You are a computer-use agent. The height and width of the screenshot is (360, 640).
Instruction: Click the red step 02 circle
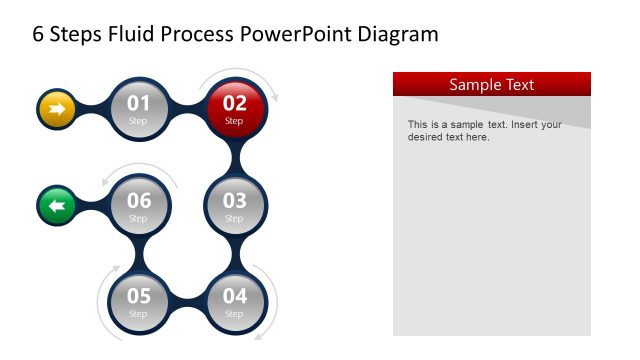point(234,108)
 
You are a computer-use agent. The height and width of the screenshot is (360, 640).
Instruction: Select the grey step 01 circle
point(138,108)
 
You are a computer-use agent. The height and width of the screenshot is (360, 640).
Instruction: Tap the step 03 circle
point(234,205)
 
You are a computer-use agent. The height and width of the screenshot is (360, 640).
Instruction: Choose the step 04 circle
point(234,301)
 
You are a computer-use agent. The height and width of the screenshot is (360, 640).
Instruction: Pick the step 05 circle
point(138,301)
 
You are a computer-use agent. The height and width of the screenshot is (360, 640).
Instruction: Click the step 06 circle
point(138,205)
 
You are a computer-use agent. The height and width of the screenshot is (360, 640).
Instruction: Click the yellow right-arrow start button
point(57,108)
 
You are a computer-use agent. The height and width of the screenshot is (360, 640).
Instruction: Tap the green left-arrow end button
point(57,206)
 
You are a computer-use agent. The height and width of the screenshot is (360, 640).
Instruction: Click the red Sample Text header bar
point(491,84)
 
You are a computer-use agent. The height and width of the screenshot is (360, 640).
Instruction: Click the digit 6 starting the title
point(39,35)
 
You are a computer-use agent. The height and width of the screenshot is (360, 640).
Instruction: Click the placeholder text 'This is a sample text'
point(460,125)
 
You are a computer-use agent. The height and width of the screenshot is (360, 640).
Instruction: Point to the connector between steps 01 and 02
point(186,108)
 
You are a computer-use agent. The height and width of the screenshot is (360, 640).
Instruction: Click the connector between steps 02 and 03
point(234,157)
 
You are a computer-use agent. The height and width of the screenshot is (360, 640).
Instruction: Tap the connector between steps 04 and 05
point(186,301)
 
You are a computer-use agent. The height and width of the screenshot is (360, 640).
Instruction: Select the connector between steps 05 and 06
point(138,253)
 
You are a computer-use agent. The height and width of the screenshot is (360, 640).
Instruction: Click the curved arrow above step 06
point(140,169)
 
